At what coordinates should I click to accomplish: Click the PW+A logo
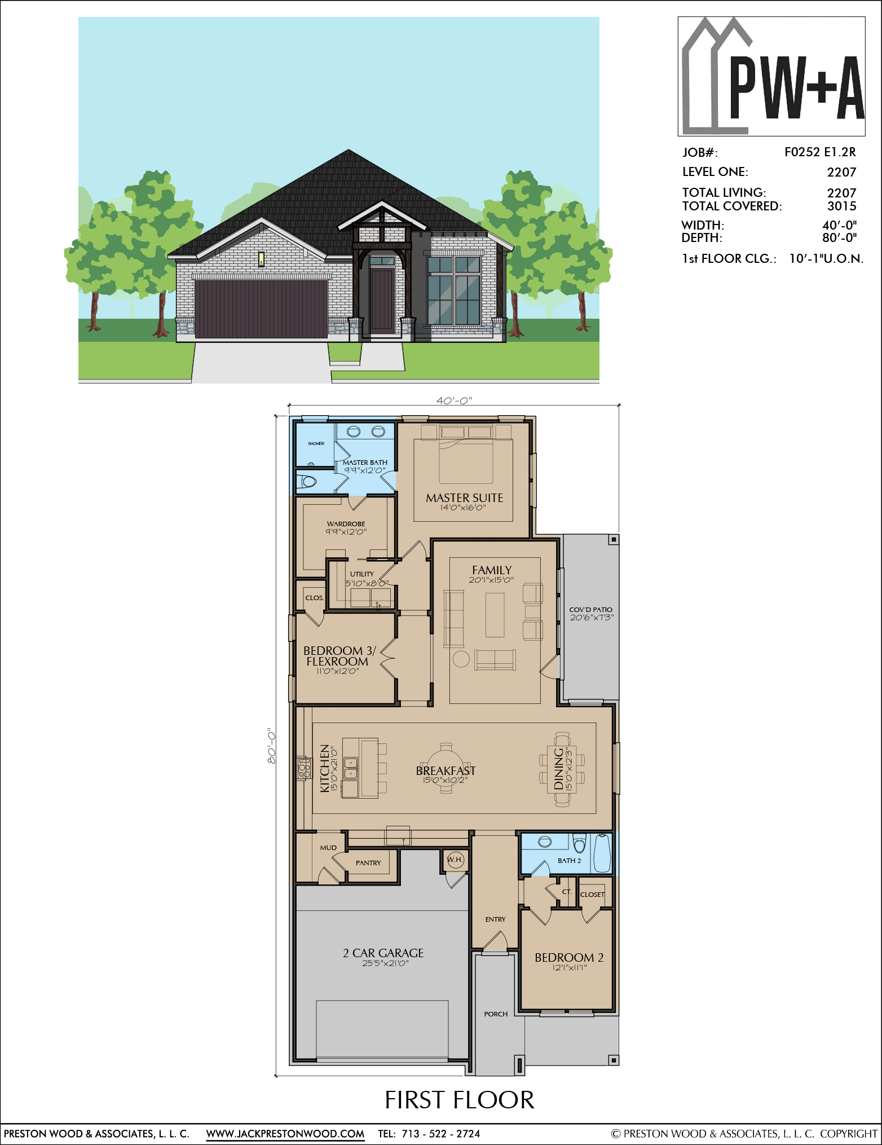(771, 76)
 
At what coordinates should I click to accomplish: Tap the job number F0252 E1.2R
(820, 152)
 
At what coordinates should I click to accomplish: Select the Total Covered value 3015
(842, 206)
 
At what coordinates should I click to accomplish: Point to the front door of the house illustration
(382, 301)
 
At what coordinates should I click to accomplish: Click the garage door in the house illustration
(261, 309)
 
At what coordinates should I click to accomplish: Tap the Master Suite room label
(464, 497)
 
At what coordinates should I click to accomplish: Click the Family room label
(492, 570)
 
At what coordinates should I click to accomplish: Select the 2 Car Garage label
(383, 953)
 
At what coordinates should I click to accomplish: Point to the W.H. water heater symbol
(455, 860)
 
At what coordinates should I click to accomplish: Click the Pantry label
(368, 863)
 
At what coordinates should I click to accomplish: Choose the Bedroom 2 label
(569, 957)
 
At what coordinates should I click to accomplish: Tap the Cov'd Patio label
(590, 610)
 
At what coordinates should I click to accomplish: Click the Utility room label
(362, 574)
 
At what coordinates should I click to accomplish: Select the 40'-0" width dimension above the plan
(454, 400)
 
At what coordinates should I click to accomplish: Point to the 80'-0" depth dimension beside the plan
(271, 746)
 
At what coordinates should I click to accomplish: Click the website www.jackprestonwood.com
(285, 1134)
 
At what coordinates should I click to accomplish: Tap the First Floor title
(460, 1100)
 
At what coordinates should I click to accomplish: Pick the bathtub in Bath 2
(602, 852)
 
